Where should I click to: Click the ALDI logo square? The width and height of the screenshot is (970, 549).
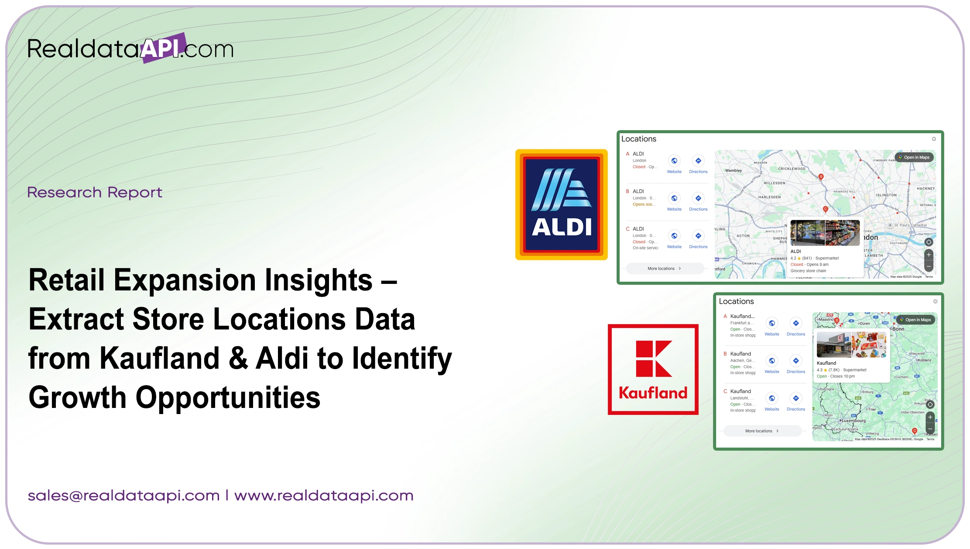pos(561,204)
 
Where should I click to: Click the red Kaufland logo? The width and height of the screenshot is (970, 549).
pos(653,369)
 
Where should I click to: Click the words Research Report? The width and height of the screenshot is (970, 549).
pos(95,192)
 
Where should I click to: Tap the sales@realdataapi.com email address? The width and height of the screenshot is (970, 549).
pos(123,496)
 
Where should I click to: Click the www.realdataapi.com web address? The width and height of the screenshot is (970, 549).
pos(324,496)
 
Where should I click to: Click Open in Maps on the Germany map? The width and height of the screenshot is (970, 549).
pos(915,320)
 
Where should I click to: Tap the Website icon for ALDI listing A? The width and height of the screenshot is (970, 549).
pos(674,161)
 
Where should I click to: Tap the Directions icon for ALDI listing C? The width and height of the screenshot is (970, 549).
pos(698,236)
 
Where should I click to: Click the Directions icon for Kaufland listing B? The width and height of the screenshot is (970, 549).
pos(796,361)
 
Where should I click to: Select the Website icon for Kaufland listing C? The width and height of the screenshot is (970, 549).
pos(772,398)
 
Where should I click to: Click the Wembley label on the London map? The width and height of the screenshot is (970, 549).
pos(733,171)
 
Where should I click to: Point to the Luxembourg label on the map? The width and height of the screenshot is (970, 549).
pos(853,421)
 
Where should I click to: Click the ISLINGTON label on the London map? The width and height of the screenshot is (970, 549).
pos(886,195)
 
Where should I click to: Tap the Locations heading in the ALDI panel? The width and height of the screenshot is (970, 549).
pos(638,139)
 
